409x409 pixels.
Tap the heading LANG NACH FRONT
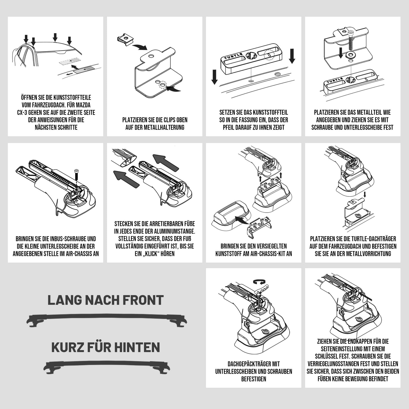(106, 300)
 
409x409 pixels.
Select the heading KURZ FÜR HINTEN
(106, 348)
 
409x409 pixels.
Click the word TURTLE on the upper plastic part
(233, 56)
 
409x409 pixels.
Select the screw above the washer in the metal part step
(351, 41)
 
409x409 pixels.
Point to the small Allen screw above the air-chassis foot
(76, 174)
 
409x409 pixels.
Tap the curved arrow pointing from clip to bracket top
(139, 47)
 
